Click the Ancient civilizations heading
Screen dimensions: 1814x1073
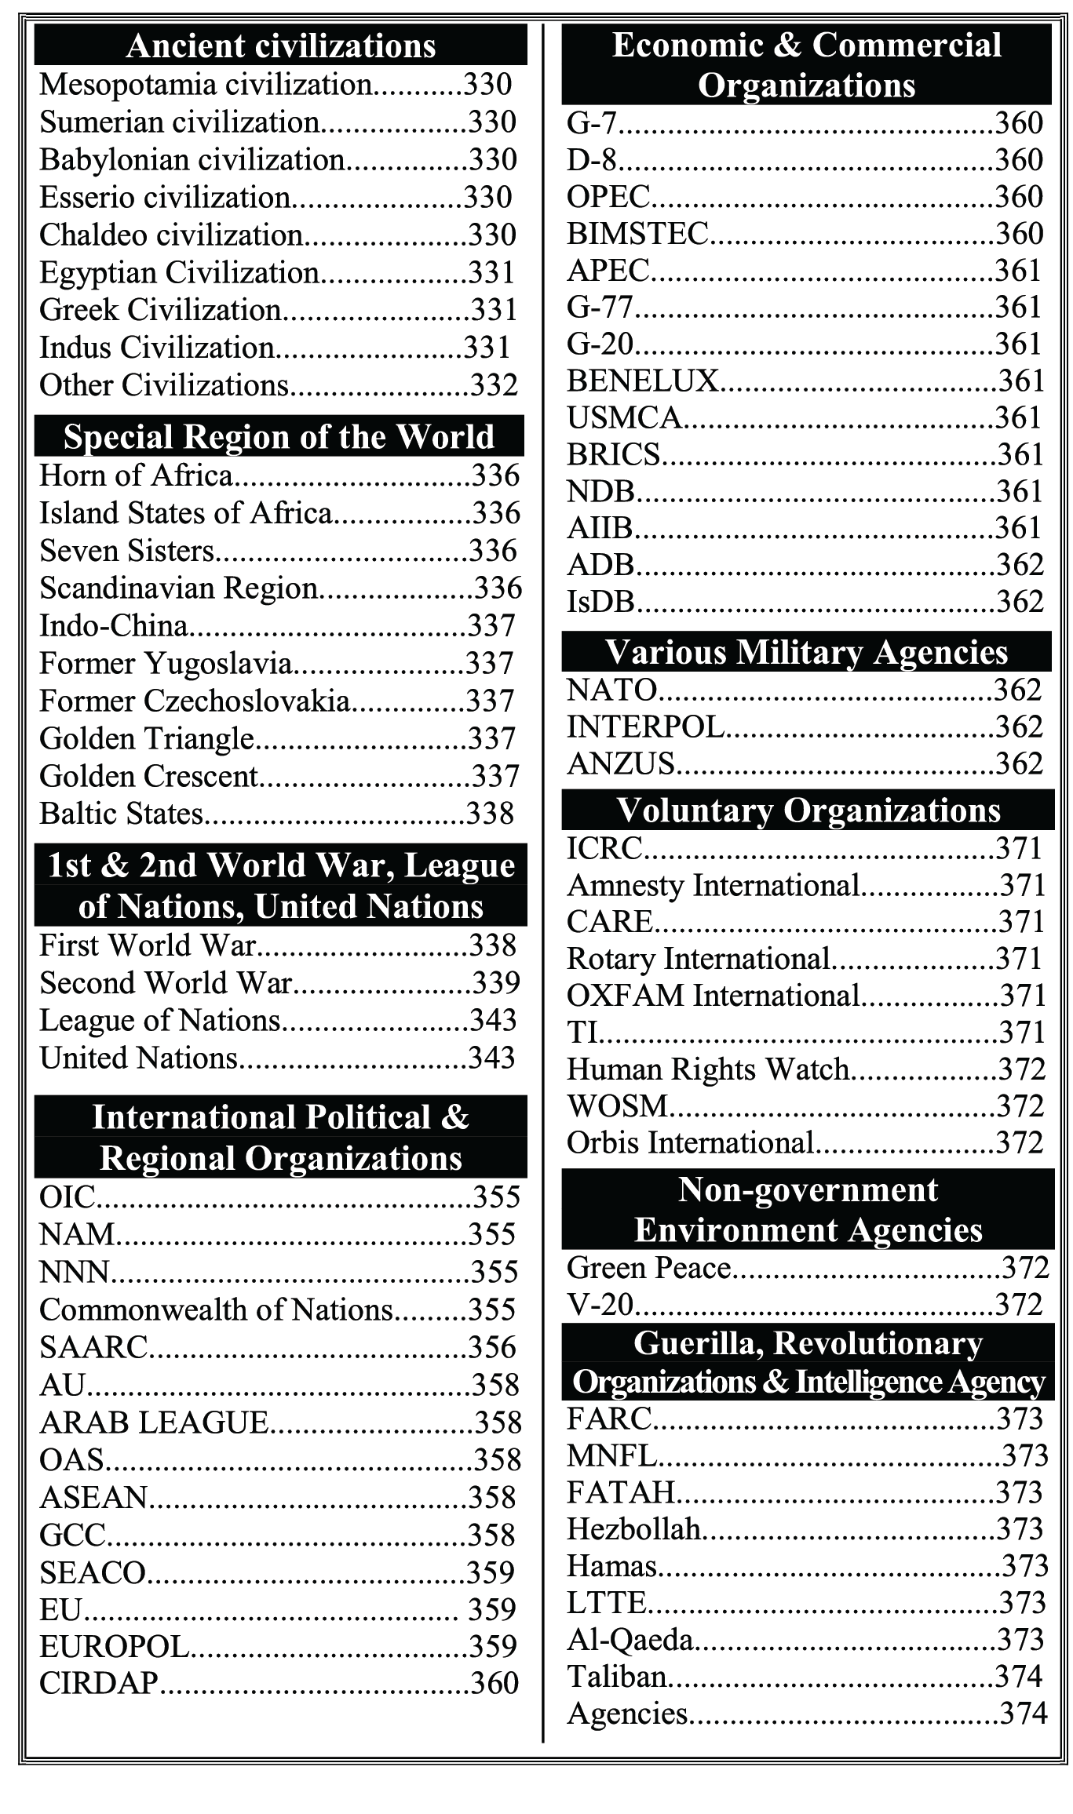click(280, 46)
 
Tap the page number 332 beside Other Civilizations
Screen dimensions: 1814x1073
click(494, 385)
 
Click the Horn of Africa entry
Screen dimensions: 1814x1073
click(137, 475)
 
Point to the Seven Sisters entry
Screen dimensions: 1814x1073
click(127, 551)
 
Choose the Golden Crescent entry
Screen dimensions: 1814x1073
click(149, 776)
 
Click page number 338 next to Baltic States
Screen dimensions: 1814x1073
click(491, 814)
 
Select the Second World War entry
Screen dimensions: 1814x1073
click(166, 983)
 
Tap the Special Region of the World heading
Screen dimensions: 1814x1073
click(279, 437)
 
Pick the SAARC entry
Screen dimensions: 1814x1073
click(94, 1347)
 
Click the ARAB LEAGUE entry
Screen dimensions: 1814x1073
click(154, 1422)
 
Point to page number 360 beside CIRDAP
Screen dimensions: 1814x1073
click(495, 1683)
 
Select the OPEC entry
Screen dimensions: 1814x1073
click(608, 197)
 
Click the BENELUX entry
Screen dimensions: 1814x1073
click(642, 381)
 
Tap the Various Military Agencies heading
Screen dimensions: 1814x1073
click(806, 652)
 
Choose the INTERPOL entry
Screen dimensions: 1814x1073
click(645, 727)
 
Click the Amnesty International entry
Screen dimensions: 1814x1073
click(714, 885)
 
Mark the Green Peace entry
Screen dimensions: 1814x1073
click(649, 1268)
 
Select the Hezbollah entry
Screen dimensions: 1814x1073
click(633, 1529)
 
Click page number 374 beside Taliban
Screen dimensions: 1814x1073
click(1019, 1677)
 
